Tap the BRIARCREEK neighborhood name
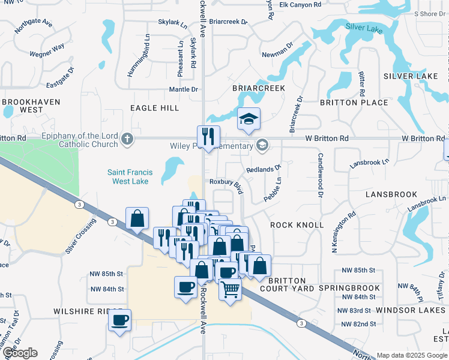coord(258,88)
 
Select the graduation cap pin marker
coord(248,119)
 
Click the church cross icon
coord(126,139)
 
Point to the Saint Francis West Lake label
coord(130,176)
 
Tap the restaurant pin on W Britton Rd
coord(208,136)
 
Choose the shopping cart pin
coord(230,289)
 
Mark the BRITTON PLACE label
coord(354,103)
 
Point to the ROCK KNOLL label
coord(297,225)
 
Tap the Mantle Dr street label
coord(183,89)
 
